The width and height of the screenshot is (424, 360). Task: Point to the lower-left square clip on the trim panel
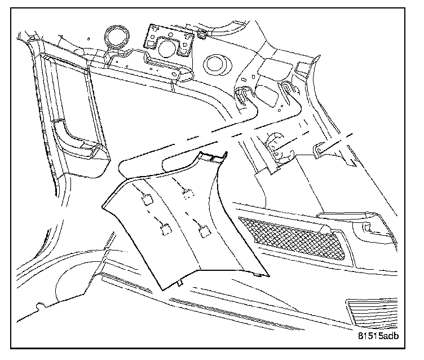165,229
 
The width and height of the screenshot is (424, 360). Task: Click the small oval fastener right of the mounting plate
201,35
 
